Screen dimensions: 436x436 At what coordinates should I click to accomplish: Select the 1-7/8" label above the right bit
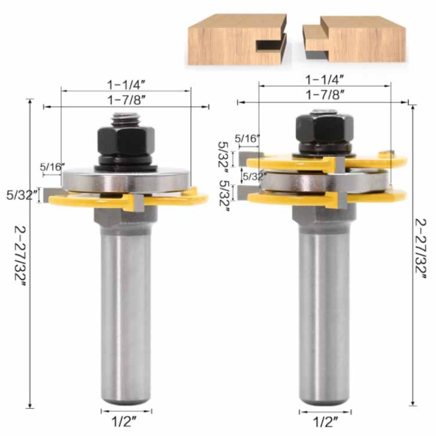point(325,94)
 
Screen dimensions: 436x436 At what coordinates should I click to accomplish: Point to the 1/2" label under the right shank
point(325,421)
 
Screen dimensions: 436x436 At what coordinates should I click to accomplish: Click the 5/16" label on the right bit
point(248,138)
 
